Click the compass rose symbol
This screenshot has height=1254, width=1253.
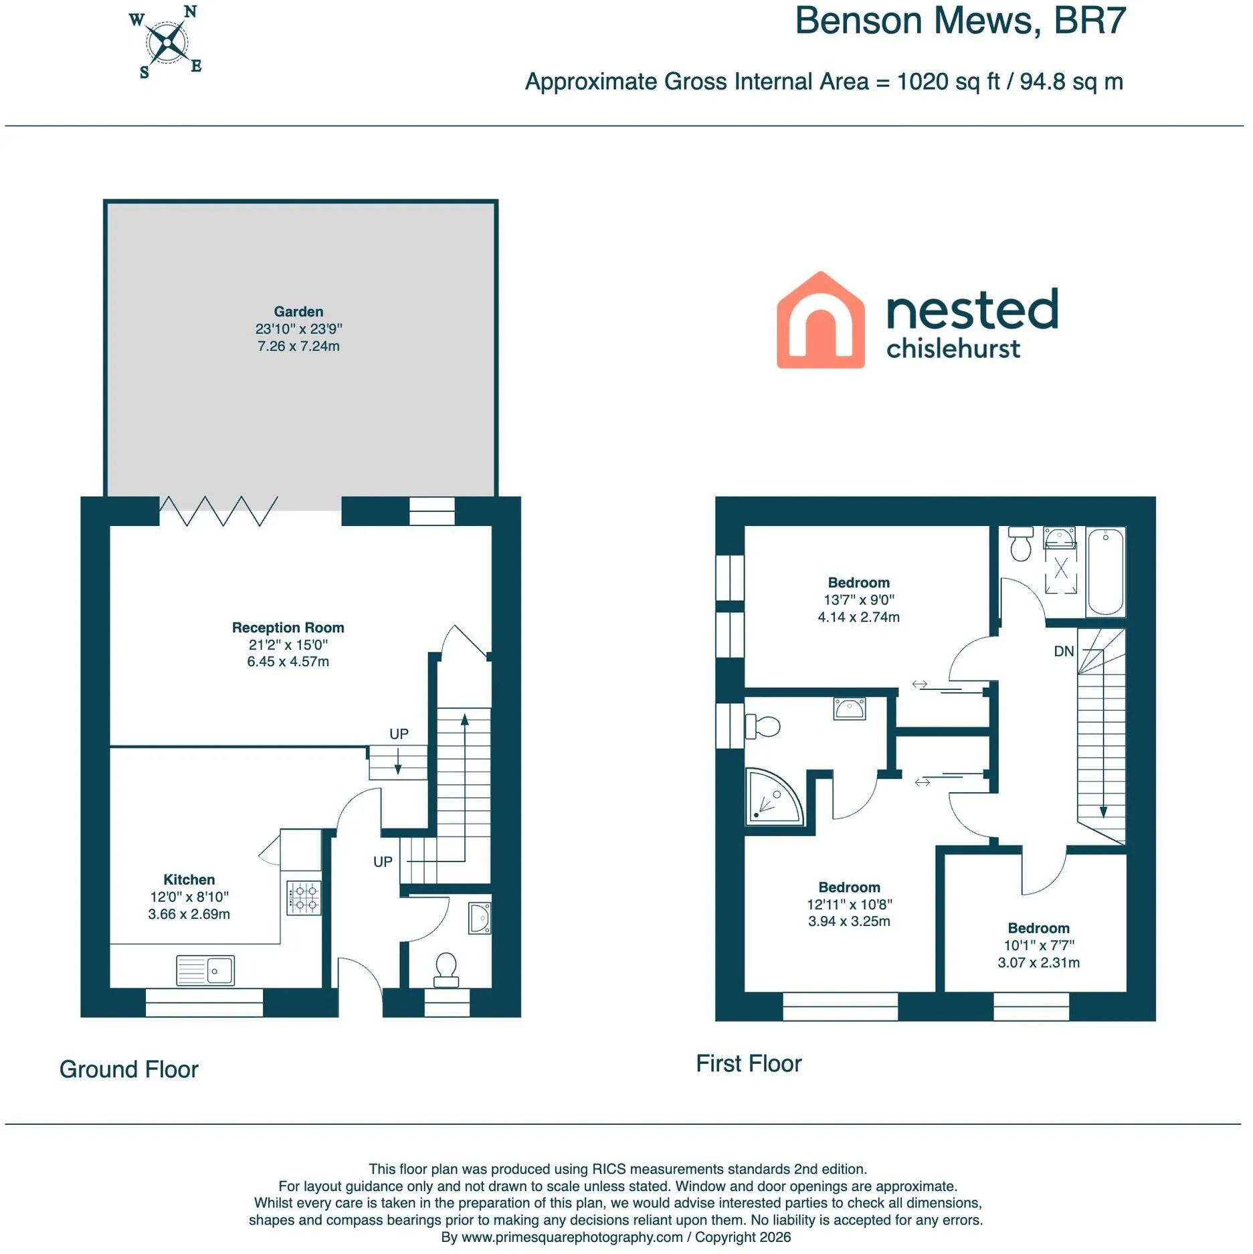(x=166, y=42)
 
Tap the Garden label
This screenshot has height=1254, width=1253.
(x=298, y=312)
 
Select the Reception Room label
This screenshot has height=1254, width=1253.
(x=288, y=628)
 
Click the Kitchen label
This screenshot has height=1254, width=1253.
(x=189, y=879)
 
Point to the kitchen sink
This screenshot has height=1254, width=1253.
(x=205, y=970)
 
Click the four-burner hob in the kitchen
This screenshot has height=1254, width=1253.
(x=304, y=898)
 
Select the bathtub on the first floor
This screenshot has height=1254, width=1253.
(x=1106, y=571)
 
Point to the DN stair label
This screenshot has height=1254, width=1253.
(x=1064, y=651)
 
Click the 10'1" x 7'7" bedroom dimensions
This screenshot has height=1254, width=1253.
(x=1039, y=945)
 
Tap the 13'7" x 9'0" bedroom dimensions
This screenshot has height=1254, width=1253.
(x=859, y=600)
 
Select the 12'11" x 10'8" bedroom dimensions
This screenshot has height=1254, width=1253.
(x=850, y=904)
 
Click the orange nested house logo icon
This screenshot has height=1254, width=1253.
(x=821, y=320)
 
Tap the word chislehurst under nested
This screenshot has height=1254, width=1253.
(x=953, y=349)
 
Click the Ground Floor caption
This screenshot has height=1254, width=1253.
(x=129, y=1069)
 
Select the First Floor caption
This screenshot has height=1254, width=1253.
(x=749, y=1063)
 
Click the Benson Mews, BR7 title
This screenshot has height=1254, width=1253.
(x=961, y=21)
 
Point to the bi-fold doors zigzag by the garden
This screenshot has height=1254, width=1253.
(x=219, y=511)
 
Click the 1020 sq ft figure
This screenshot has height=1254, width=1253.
(x=949, y=82)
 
